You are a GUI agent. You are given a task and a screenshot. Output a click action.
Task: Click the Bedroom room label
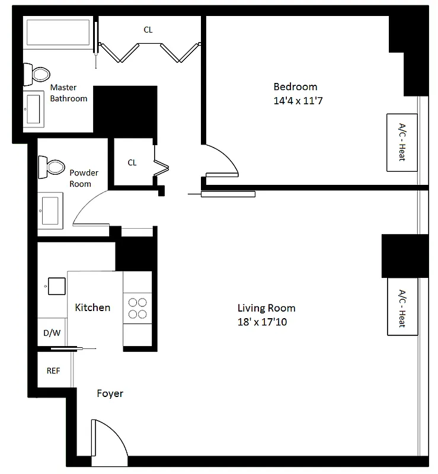click(x=295, y=87)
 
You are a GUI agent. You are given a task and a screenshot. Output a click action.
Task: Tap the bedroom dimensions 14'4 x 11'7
click(x=298, y=101)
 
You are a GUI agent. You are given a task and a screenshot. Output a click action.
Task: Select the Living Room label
click(x=266, y=308)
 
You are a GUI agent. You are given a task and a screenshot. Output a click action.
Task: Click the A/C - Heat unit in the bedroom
click(x=401, y=142)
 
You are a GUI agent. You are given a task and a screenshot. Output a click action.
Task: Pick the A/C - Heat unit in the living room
click(x=401, y=308)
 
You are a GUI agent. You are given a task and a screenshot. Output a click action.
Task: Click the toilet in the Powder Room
click(x=52, y=166)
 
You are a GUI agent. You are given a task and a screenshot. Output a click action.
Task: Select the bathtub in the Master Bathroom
click(x=59, y=33)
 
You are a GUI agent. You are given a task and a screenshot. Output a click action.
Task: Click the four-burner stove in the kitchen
click(x=138, y=308)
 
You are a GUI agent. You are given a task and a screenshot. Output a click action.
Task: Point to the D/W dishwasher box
click(x=52, y=333)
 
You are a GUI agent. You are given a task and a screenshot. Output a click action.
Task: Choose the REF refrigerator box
click(x=53, y=371)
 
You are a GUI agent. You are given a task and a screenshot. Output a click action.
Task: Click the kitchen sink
click(x=55, y=286)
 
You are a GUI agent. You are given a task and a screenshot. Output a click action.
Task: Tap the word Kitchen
click(x=92, y=308)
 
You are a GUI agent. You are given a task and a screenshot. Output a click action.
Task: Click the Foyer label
click(x=110, y=393)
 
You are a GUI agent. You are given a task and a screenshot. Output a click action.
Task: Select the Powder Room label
click(x=84, y=178)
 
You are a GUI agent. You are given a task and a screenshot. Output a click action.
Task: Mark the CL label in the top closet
click(x=148, y=30)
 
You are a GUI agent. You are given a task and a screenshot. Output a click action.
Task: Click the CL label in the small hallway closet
click(x=132, y=162)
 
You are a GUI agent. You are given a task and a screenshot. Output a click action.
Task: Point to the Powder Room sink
click(x=50, y=210)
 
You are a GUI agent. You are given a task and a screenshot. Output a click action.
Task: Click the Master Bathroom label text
click(x=68, y=93)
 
